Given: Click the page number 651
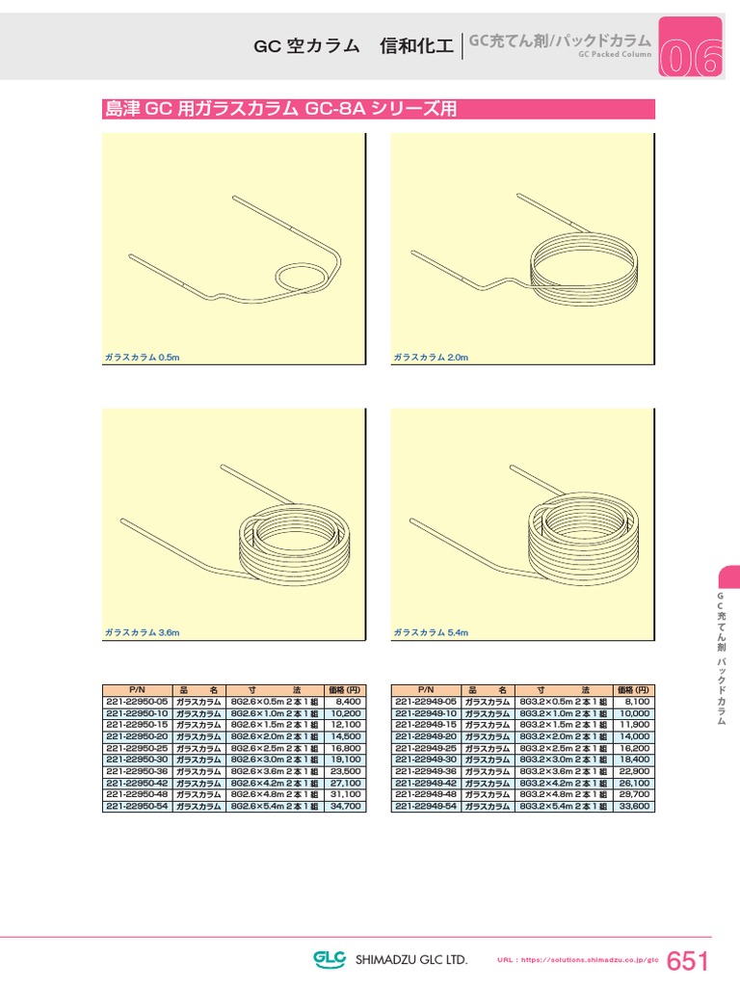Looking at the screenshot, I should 687,960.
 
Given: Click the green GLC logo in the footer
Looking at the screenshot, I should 331,959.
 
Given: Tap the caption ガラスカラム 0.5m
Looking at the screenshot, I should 143,358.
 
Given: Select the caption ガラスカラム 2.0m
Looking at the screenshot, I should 431,358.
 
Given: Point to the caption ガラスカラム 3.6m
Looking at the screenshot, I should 143,632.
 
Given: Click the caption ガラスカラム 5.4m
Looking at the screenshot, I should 431,632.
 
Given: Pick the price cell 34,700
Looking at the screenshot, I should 345,806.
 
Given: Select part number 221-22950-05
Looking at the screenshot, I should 137,702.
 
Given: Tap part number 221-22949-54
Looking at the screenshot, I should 426,806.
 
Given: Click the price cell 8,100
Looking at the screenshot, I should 633,702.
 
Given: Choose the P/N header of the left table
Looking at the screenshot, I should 137,690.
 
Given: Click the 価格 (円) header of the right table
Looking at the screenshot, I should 633,690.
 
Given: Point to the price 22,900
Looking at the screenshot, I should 633,771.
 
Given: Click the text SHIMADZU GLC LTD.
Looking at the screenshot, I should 411,960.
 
